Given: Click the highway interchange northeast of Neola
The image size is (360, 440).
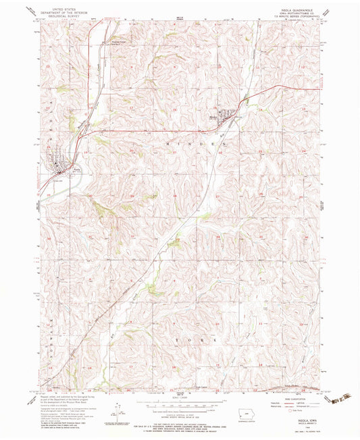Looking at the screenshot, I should [80, 134].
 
